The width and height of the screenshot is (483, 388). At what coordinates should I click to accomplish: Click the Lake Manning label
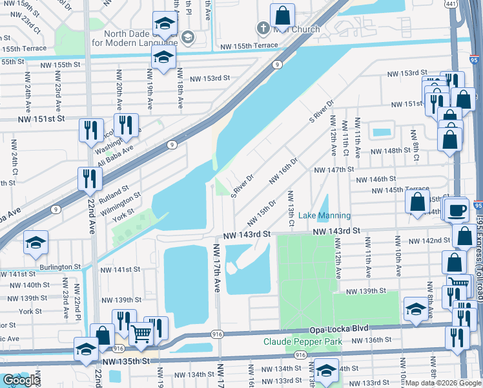(325, 215)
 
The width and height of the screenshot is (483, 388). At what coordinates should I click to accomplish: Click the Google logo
(22, 380)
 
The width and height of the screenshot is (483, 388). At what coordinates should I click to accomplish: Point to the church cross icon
(263, 28)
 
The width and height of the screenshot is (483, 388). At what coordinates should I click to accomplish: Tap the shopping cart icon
(141, 334)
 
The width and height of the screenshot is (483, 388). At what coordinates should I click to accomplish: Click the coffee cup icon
(457, 210)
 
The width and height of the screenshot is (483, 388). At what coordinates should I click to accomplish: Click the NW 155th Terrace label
(249, 45)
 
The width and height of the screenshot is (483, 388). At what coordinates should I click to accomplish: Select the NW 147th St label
(334, 169)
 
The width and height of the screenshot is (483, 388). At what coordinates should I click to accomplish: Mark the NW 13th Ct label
(291, 209)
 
